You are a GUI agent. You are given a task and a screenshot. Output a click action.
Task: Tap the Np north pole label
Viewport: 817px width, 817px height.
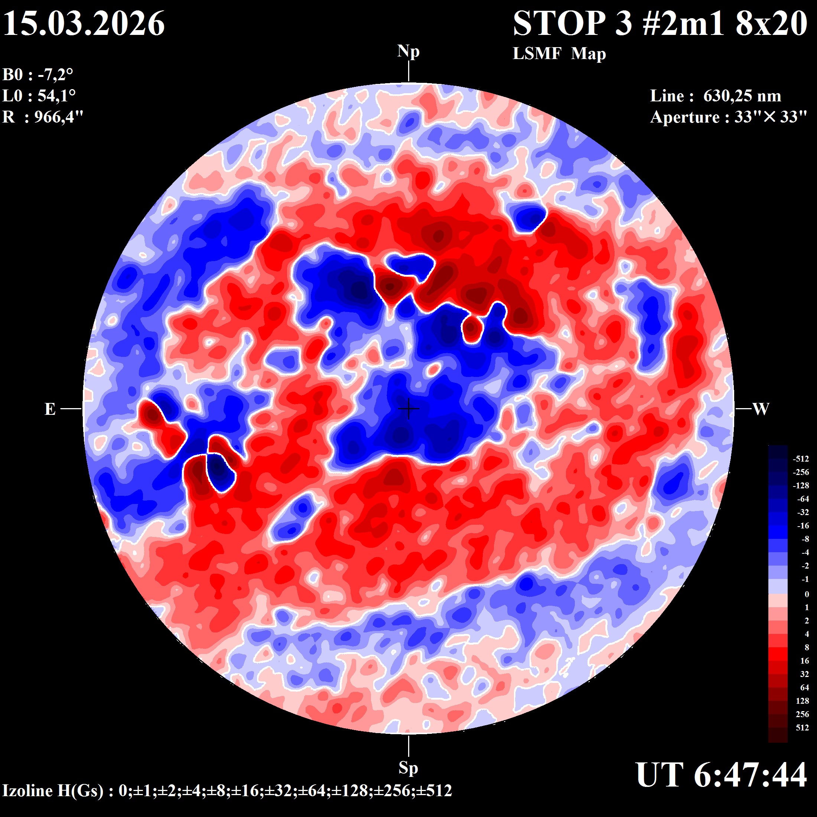click(408, 52)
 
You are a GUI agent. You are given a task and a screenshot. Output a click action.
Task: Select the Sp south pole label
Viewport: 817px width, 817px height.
click(408, 768)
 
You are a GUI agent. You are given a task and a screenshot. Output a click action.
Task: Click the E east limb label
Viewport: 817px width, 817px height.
click(50, 409)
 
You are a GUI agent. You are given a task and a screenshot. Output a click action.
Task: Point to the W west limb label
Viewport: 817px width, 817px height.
click(761, 409)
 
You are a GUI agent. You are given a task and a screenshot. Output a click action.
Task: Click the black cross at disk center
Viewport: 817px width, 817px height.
click(408, 409)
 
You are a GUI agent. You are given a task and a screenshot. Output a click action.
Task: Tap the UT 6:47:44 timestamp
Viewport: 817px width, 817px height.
click(721, 775)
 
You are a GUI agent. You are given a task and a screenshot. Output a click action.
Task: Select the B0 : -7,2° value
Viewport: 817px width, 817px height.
click(38, 75)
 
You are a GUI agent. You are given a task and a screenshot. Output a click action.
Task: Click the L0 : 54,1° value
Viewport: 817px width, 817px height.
click(39, 95)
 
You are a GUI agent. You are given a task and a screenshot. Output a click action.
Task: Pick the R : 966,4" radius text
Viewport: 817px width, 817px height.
click(43, 117)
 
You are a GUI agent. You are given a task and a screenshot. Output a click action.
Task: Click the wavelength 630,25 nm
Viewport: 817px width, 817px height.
click(742, 96)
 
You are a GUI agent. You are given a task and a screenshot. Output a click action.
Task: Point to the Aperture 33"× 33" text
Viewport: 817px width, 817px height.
click(729, 117)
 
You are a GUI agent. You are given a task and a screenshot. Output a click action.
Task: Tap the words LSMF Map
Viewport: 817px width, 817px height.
click(559, 54)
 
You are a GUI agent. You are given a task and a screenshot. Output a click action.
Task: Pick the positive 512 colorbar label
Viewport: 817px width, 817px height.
click(802, 728)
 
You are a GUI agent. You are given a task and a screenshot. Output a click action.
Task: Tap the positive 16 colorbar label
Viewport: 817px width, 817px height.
click(804, 661)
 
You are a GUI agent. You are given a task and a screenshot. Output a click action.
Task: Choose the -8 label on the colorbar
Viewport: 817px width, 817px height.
click(805, 539)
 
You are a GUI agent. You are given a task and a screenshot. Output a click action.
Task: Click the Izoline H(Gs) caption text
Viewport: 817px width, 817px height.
click(227, 790)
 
